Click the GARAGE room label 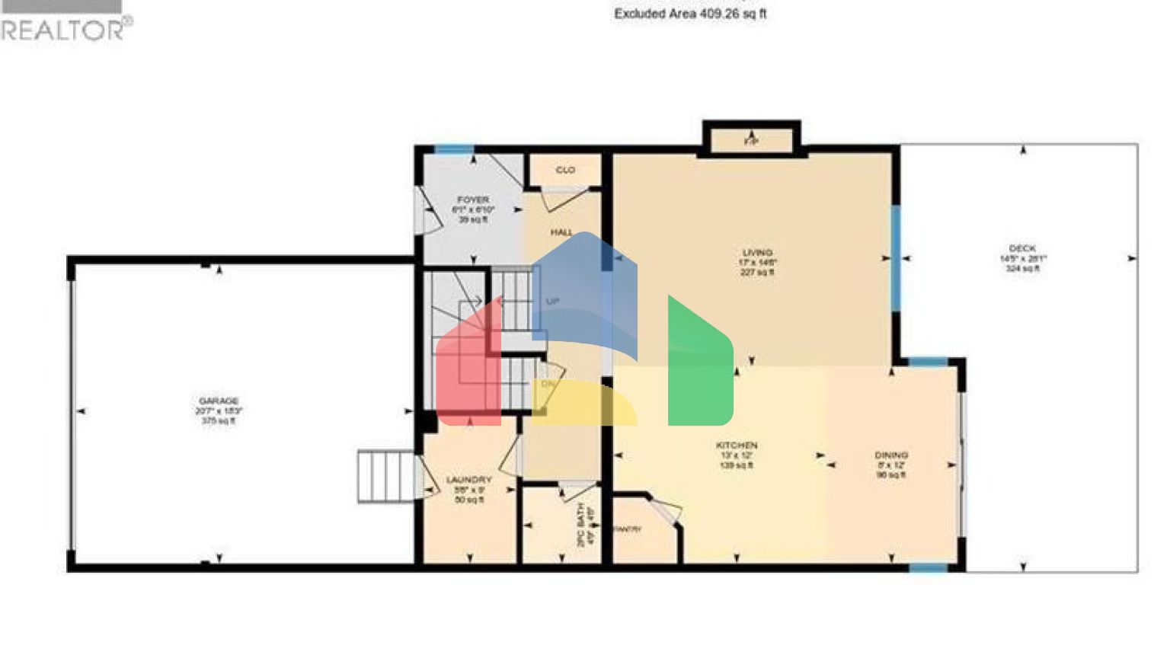tap(219, 401)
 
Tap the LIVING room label tap(757, 253)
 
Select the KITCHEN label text tap(737, 446)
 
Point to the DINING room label tap(890, 455)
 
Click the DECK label tap(1022, 249)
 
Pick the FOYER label tap(473, 200)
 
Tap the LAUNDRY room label tap(469, 480)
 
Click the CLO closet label tap(565, 170)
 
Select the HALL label tap(562, 232)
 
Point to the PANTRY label tap(628, 529)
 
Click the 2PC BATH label tap(580, 525)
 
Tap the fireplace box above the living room tap(751, 139)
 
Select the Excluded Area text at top tap(690, 14)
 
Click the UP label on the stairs tap(552, 302)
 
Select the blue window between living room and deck tap(897, 258)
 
